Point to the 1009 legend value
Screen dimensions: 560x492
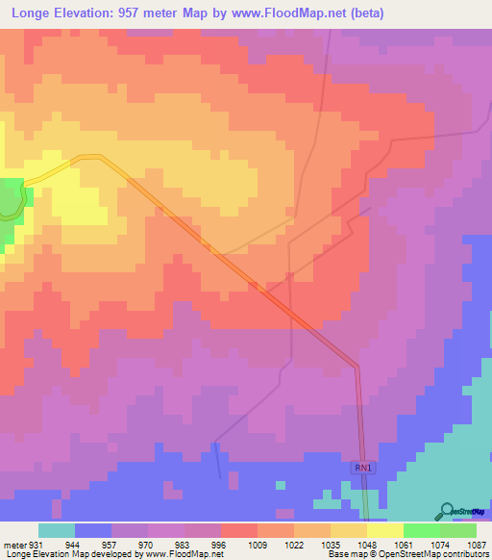tap(258, 546)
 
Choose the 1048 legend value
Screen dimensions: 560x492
tap(367, 546)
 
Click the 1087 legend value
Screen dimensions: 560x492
tap(477, 546)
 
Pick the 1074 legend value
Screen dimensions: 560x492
tap(440, 546)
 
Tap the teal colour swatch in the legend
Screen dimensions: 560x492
tap(57, 530)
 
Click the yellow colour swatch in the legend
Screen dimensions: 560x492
tap(384, 530)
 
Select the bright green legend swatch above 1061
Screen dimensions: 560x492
tap(421, 530)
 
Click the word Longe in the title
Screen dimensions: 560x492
tap(29, 13)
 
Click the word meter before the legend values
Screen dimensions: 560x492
tap(13, 546)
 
